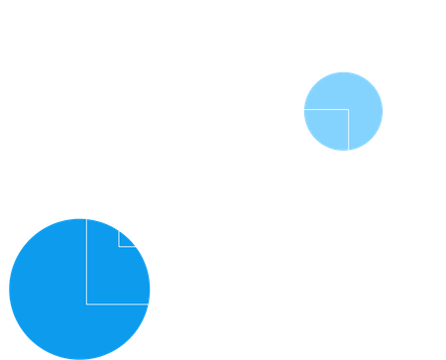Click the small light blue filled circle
pyautogui.click(x=343, y=109)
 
